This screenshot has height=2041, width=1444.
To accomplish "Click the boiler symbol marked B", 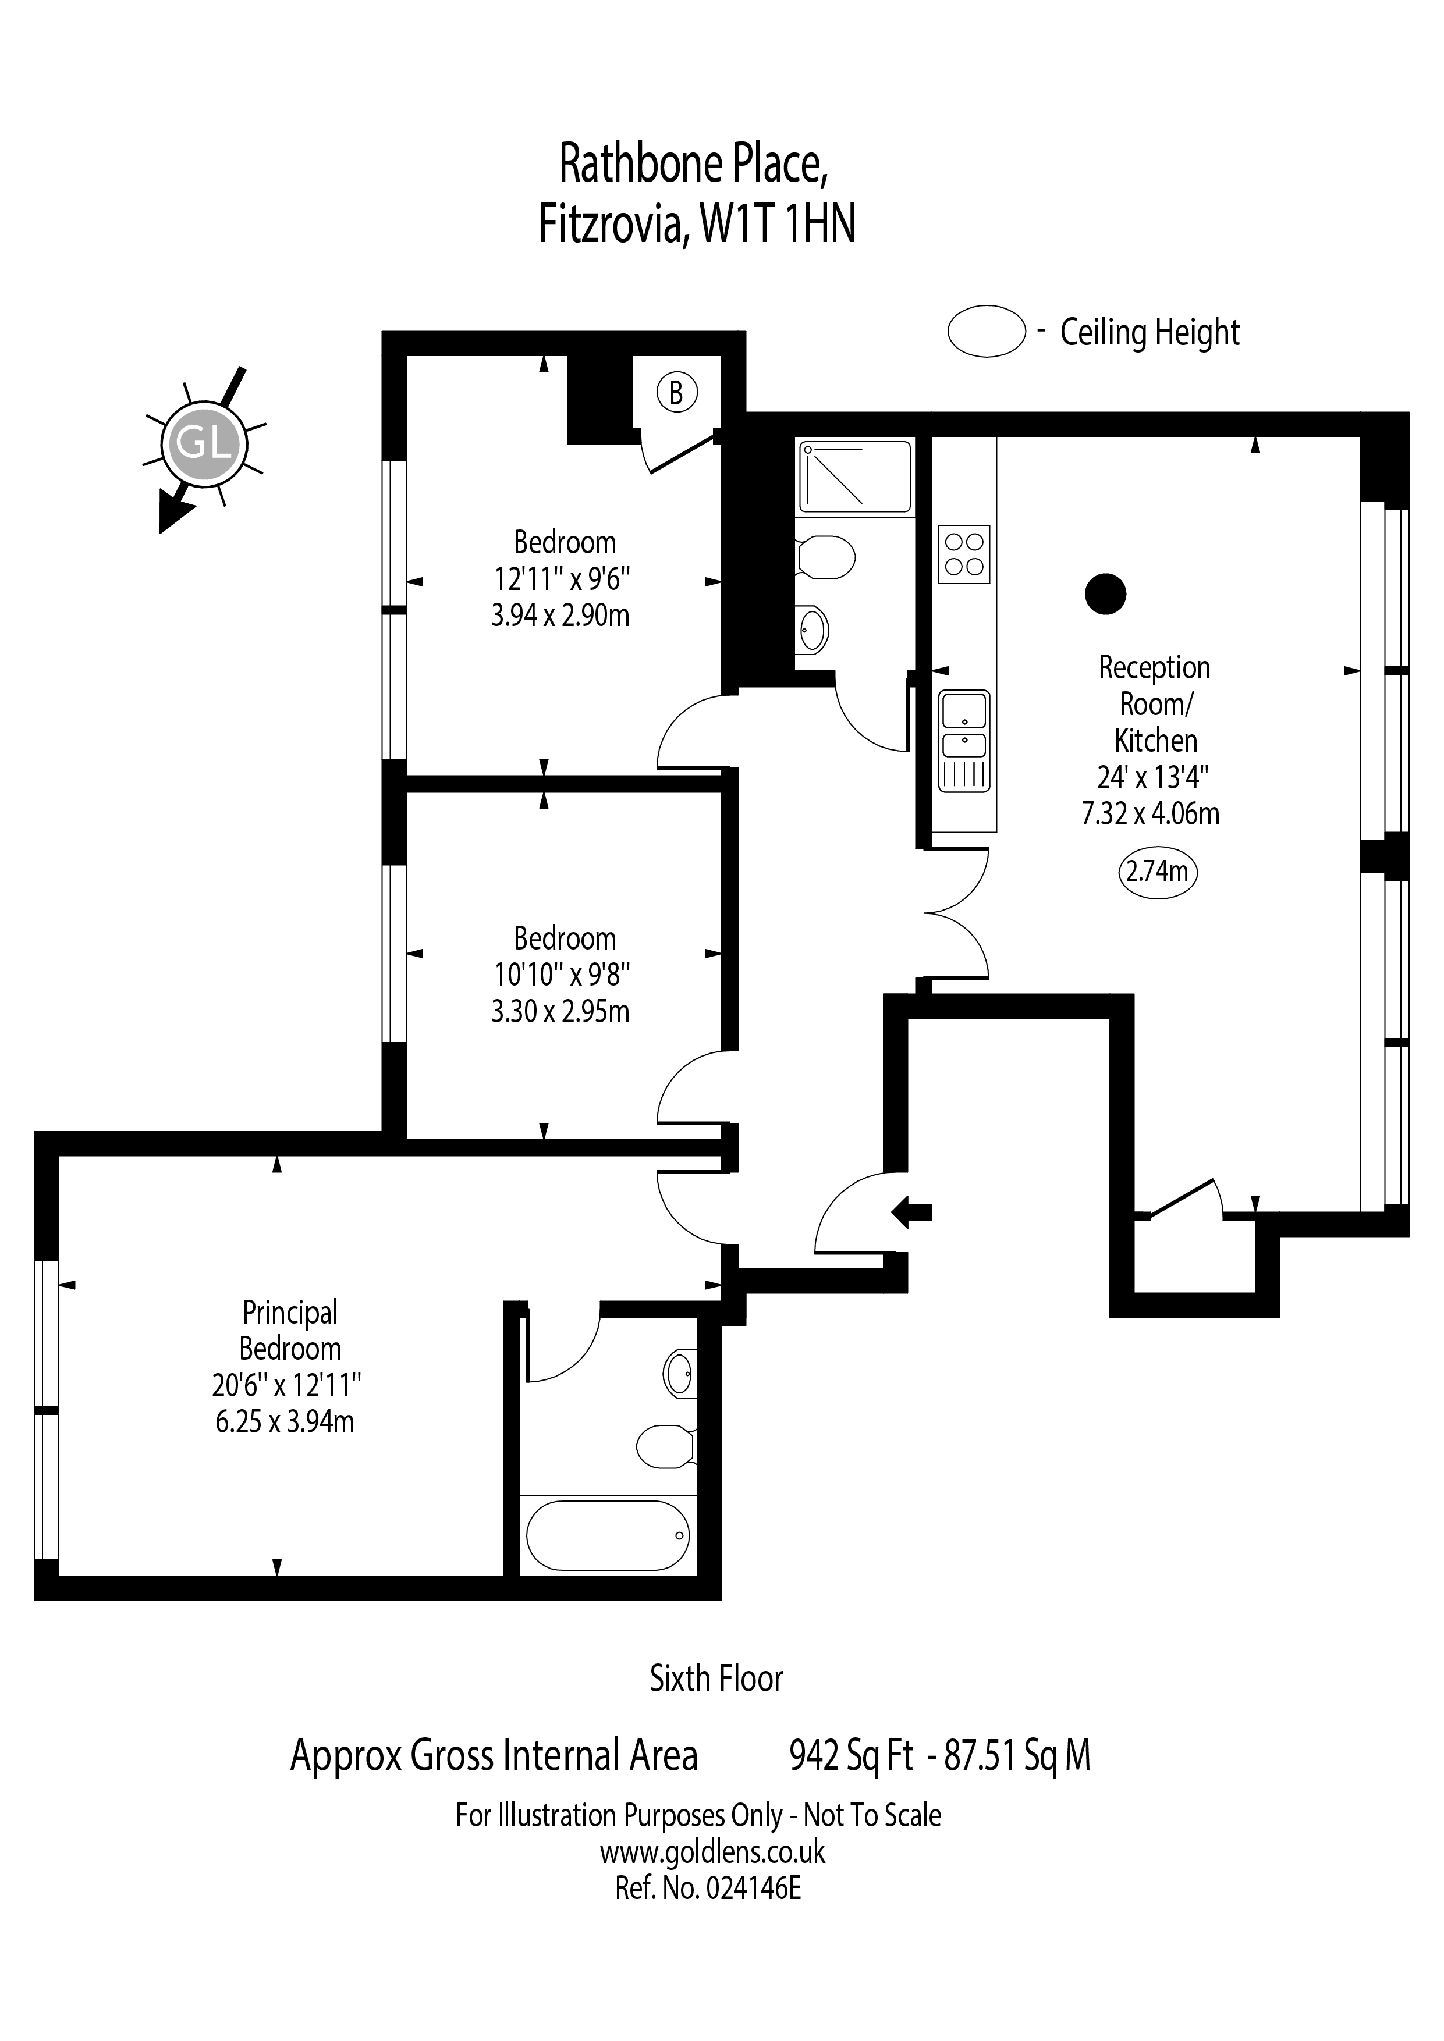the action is [677, 392].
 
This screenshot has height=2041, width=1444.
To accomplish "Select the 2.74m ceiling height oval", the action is [1157, 871].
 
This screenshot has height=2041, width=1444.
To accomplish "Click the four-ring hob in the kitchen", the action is [964, 554].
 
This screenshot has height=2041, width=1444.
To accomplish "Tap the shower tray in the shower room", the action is [854, 477].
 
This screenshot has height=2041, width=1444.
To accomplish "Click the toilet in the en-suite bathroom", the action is [666, 1447].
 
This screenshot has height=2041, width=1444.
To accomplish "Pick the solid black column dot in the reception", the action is [1106, 594].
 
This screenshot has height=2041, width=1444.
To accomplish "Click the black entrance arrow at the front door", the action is [911, 1211].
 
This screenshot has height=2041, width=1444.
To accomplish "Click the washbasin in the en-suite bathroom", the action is [680, 1374].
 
